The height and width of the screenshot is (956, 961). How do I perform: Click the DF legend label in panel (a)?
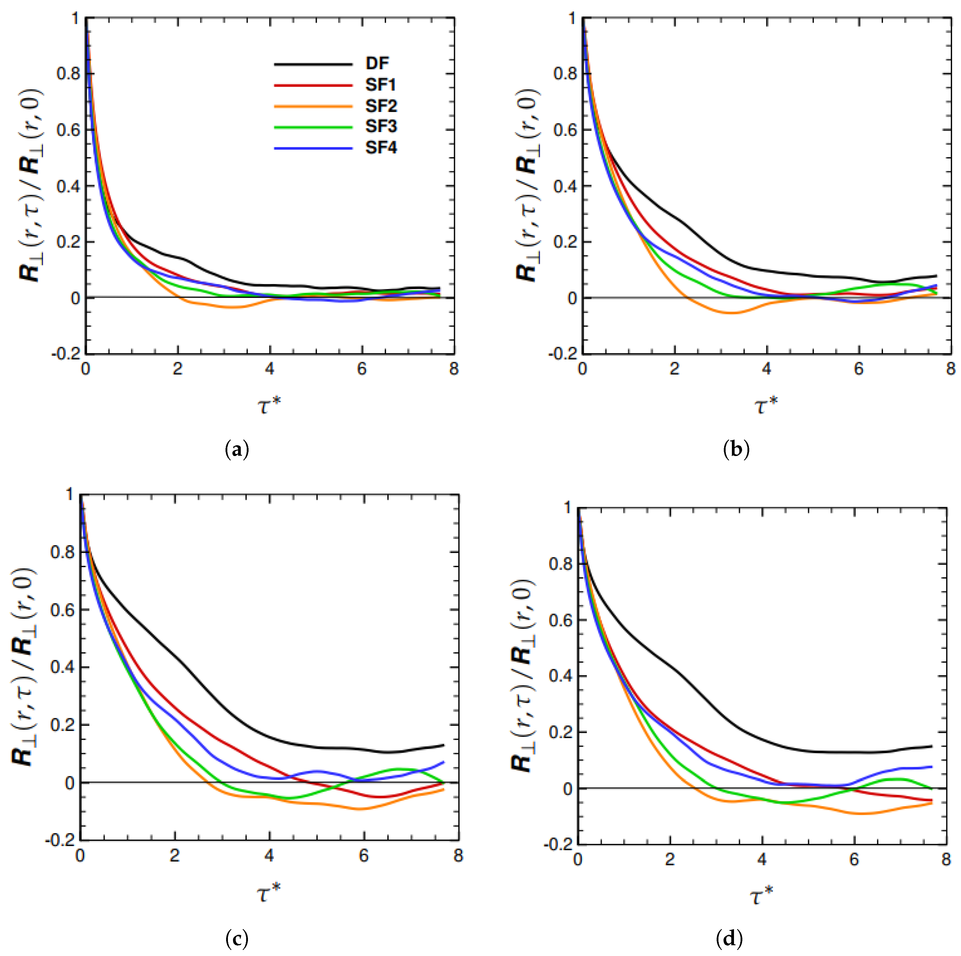[x=377, y=64]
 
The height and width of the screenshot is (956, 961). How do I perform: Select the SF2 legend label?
[x=381, y=106]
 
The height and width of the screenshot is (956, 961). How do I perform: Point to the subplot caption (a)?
[x=237, y=450]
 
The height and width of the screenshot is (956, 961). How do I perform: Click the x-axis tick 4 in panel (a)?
[x=269, y=370]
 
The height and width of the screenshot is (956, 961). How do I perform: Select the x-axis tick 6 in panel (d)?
[x=854, y=859]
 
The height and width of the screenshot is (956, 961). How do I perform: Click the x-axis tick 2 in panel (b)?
[x=674, y=370]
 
